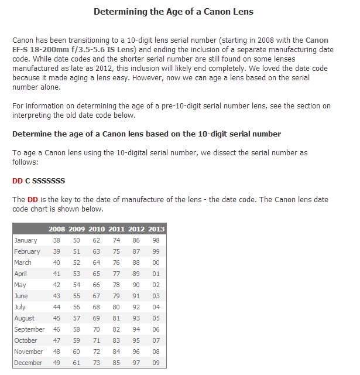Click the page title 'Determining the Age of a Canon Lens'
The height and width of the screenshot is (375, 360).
pos(173,12)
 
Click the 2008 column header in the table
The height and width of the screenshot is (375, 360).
pos(57,229)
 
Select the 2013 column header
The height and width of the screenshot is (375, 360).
pos(156,229)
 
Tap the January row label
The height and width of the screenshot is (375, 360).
pos(25,240)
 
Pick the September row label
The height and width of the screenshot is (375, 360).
pos(29,329)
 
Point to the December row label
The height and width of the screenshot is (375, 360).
pos(28,363)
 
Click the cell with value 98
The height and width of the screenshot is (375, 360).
pos(156,240)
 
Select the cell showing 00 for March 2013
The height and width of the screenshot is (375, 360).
pos(156,262)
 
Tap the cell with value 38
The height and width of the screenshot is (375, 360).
pos(57,240)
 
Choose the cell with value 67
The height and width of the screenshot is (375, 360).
pos(97,296)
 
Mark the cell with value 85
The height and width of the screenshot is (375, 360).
pos(116,363)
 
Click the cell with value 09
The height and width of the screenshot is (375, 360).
pos(156,363)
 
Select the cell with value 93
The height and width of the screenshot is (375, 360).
pos(136,318)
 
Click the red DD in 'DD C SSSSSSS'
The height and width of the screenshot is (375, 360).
pos(18,181)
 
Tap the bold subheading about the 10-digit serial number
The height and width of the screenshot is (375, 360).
pos(146,134)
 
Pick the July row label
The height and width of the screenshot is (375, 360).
pos(20,307)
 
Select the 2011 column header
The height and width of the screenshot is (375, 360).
pos(116,229)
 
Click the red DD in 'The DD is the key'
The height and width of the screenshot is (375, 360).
pos(33,200)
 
